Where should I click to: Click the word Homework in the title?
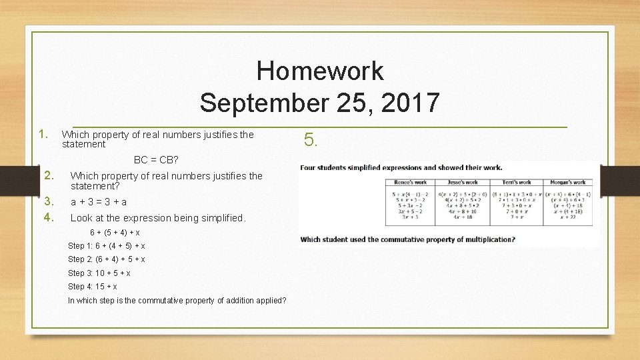(x=319, y=71)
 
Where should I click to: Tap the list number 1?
(x=44, y=134)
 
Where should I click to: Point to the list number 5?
(x=311, y=139)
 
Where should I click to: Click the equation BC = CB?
(x=156, y=160)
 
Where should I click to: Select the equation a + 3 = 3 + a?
(x=99, y=201)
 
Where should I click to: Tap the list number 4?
(x=48, y=217)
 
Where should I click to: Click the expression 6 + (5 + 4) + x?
(x=115, y=233)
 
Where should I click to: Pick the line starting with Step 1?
(x=107, y=246)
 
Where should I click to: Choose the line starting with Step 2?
(x=107, y=259)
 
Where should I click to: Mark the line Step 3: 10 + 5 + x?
(x=99, y=273)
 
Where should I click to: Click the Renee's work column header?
(x=410, y=182)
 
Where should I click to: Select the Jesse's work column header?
(x=463, y=182)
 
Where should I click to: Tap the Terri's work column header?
(x=516, y=182)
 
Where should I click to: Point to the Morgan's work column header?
(x=569, y=182)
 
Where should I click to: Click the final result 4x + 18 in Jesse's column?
(x=463, y=217)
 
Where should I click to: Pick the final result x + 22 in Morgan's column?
(x=569, y=217)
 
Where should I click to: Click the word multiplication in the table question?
(x=489, y=239)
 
